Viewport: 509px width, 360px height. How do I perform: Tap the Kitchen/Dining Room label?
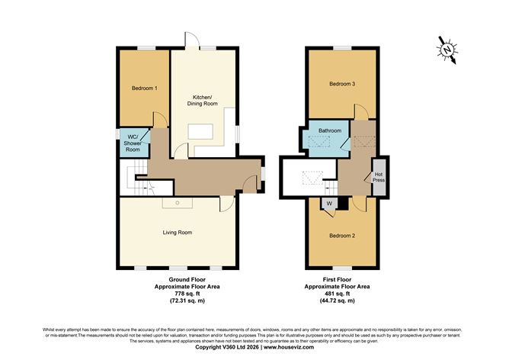pos(202,101)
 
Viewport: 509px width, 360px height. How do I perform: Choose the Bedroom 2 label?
pos(342,236)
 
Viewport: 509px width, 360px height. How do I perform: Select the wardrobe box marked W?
pos(329,203)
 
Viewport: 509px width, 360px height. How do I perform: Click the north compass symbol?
pos(447,50)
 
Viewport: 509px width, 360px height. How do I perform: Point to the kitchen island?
pos(201,132)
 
